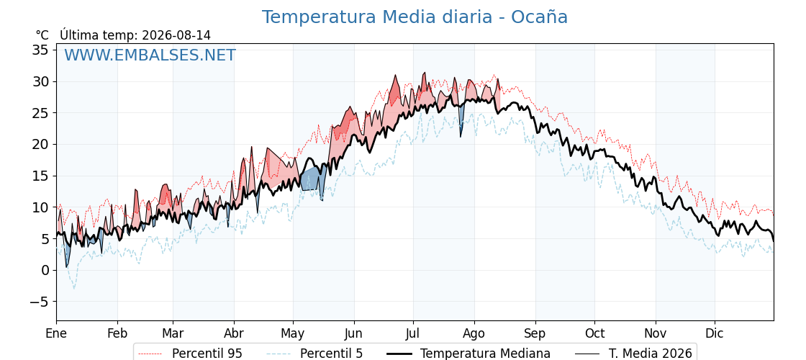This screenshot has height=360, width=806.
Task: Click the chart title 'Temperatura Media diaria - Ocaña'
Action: tap(415, 17)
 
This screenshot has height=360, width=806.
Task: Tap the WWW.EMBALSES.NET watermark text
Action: tap(150, 55)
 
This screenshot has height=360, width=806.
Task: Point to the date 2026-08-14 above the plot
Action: tap(176, 35)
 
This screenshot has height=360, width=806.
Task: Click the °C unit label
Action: tap(42, 35)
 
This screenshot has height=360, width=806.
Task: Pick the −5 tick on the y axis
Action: tap(40, 302)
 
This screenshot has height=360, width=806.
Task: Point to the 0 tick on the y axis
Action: tap(46, 271)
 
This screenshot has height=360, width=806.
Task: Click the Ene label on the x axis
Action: tap(57, 334)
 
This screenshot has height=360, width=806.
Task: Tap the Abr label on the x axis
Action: tap(234, 334)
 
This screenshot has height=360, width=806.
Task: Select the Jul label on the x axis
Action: tap(413, 334)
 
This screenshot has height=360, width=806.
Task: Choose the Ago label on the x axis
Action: tap(474, 334)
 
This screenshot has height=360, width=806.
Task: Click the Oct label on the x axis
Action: tap(594, 334)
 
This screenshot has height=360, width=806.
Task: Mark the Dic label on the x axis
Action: tap(715, 334)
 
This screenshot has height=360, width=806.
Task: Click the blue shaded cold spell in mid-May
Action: tap(312, 180)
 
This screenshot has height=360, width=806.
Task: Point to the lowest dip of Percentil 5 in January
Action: tap(73, 288)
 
